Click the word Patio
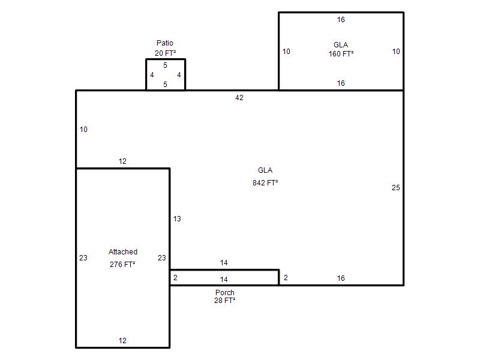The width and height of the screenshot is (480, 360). pyautogui.click(x=164, y=43)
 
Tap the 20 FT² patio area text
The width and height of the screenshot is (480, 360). pyautogui.click(x=166, y=53)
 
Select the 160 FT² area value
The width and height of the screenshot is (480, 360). pyautogui.click(x=341, y=54)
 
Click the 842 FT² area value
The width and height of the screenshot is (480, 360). pyautogui.click(x=265, y=183)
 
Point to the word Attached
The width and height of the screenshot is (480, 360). pyautogui.click(x=123, y=252)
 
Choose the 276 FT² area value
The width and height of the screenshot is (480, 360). pyautogui.click(x=122, y=264)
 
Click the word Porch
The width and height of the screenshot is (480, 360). pyautogui.click(x=224, y=293)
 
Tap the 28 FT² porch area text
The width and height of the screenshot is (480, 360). pyautogui.click(x=224, y=301)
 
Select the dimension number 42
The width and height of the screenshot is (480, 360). pyautogui.click(x=239, y=98)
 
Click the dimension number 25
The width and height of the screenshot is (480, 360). pyautogui.click(x=396, y=188)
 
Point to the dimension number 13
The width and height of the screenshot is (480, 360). pyautogui.click(x=177, y=219)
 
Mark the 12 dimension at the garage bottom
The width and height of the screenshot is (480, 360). pyautogui.click(x=122, y=341)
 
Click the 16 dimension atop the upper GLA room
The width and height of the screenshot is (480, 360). pyautogui.click(x=341, y=20)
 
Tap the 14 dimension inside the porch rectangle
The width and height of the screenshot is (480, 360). pyautogui.click(x=224, y=280)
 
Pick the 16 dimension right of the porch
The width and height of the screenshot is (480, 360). pyautogui.click(x=341, y=278)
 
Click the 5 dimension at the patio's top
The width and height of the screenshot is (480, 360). pyautogui.click(x=166, y=65)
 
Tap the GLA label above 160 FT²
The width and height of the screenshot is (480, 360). pyautogui.click(x=341, y=45)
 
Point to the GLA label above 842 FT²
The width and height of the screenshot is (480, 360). pyautogui.click(x=265, y=170)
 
